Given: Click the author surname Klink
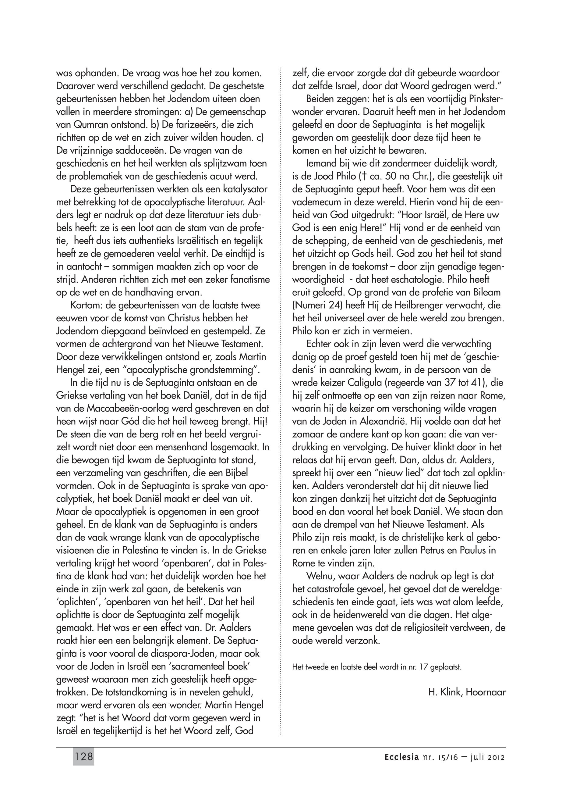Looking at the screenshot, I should click(x=449, y=692).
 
